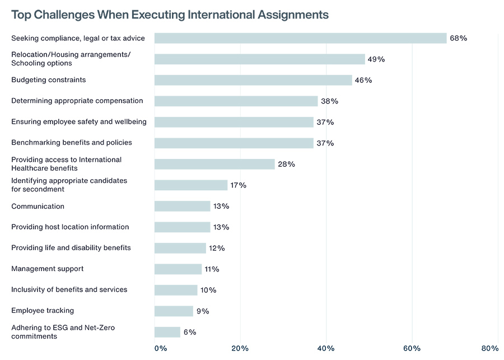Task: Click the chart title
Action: point(170,14)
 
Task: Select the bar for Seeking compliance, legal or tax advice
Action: point(300,38)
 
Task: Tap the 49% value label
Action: point(376,59)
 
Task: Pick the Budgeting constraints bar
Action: point(253,80)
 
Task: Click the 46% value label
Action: point(363,80)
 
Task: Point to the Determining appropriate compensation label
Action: point(77,101)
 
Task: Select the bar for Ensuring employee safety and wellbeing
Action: point(234,122)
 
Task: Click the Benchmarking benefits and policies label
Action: point(72,143)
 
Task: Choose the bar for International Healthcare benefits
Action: point(214,164)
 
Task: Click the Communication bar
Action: point(183,206)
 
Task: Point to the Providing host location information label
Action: point(70,227)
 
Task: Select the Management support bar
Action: point(178,269)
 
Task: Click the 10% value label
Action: point(208,290)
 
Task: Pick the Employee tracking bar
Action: point(174,311)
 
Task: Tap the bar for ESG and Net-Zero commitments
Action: point(167,332)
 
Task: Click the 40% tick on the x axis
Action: point(326,348)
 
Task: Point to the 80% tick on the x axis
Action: point(490,348)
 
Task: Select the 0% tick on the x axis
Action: point(161,348)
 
